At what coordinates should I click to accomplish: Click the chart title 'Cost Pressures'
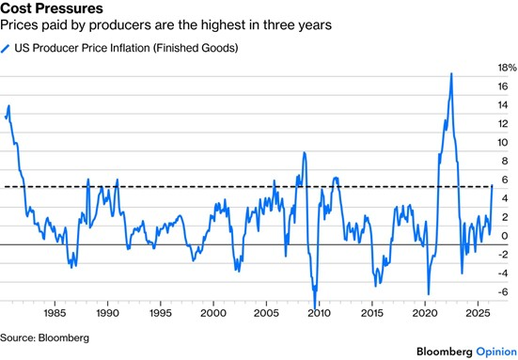click(52, 8)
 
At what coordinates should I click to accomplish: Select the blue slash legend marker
click(6, 48)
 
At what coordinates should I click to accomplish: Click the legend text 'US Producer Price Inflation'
click(82, 48)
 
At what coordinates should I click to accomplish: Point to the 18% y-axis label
click(507, 68)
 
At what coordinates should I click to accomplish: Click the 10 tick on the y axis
click(503, 142)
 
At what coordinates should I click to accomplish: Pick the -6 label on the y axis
click(503, 292)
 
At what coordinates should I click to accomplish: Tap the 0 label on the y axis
click(505, 236)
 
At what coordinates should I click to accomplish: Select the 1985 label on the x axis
click(55, 313)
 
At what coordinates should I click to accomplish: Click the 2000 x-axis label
click(213, 313)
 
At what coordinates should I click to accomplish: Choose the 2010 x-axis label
click(319, 313)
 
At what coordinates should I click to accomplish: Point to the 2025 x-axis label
click(478, 313)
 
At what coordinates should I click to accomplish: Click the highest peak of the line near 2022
click(451, 73)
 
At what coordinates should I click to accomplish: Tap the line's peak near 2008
click(304, 152)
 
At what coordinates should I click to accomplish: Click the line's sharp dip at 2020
click(429, 294)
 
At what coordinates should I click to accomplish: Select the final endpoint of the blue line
click(493, 185)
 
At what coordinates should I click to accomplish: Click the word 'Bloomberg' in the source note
click(64, 337)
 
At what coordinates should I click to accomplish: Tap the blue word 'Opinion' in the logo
click(496, 352)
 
